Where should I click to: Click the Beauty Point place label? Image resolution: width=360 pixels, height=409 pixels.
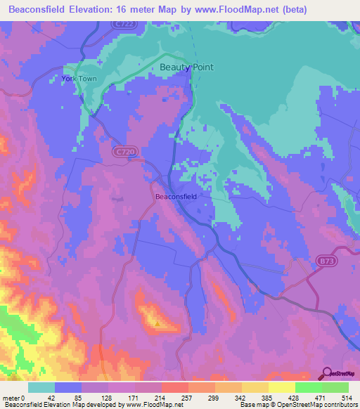coord(186,67)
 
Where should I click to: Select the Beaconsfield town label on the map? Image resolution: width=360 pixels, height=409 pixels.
coord(176,197)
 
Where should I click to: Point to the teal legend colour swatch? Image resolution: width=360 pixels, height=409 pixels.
coord(41,387)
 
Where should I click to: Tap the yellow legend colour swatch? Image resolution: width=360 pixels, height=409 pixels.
coord(281,387)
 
